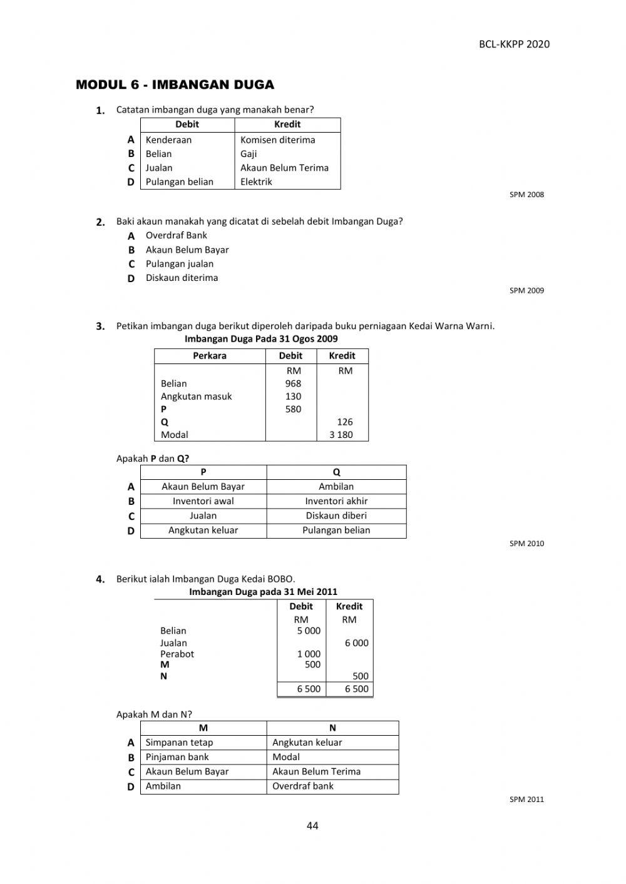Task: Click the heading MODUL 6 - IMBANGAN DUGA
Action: [175, 85]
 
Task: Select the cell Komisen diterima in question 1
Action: [277, 140]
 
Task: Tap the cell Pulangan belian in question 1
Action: [179, 182]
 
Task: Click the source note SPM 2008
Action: [526, 195]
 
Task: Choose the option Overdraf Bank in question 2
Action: [176, 235]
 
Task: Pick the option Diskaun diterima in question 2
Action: [182, 278]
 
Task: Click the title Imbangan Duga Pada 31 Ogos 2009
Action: [261, 339]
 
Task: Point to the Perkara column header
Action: [209, 355]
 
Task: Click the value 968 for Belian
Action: [293, 384]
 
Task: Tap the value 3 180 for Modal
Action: [341, 435]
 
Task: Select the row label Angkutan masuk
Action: [196, 397]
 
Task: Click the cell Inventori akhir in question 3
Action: [336, 501]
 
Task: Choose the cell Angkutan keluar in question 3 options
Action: [203, 531]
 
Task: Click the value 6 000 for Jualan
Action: [356, 643]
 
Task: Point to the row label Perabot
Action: [177, 654]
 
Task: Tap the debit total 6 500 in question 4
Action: [308, 689]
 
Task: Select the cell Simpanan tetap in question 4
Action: [179, 743]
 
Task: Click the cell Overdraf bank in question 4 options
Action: [303, 786]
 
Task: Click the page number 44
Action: [312, 826]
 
